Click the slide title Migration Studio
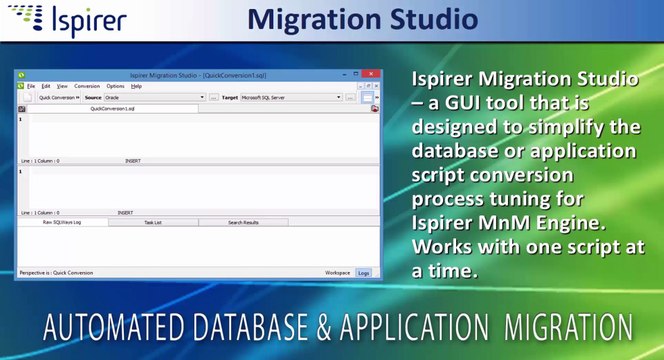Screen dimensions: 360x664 361,19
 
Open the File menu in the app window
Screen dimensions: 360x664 31,87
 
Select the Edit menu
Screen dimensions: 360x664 46,87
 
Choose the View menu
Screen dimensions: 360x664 62,87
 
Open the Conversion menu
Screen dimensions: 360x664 87,87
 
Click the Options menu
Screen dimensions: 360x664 115,87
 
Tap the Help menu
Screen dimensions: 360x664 136,87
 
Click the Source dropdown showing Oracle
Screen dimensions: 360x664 155,98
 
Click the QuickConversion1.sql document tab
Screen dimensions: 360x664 112,108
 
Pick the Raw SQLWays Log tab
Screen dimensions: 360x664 61,222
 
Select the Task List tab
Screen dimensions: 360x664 153,222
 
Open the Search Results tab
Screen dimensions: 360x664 243,222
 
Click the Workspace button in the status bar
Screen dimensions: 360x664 337,272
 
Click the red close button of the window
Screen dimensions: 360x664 370,75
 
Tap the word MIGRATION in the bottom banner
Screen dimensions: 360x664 569,328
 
